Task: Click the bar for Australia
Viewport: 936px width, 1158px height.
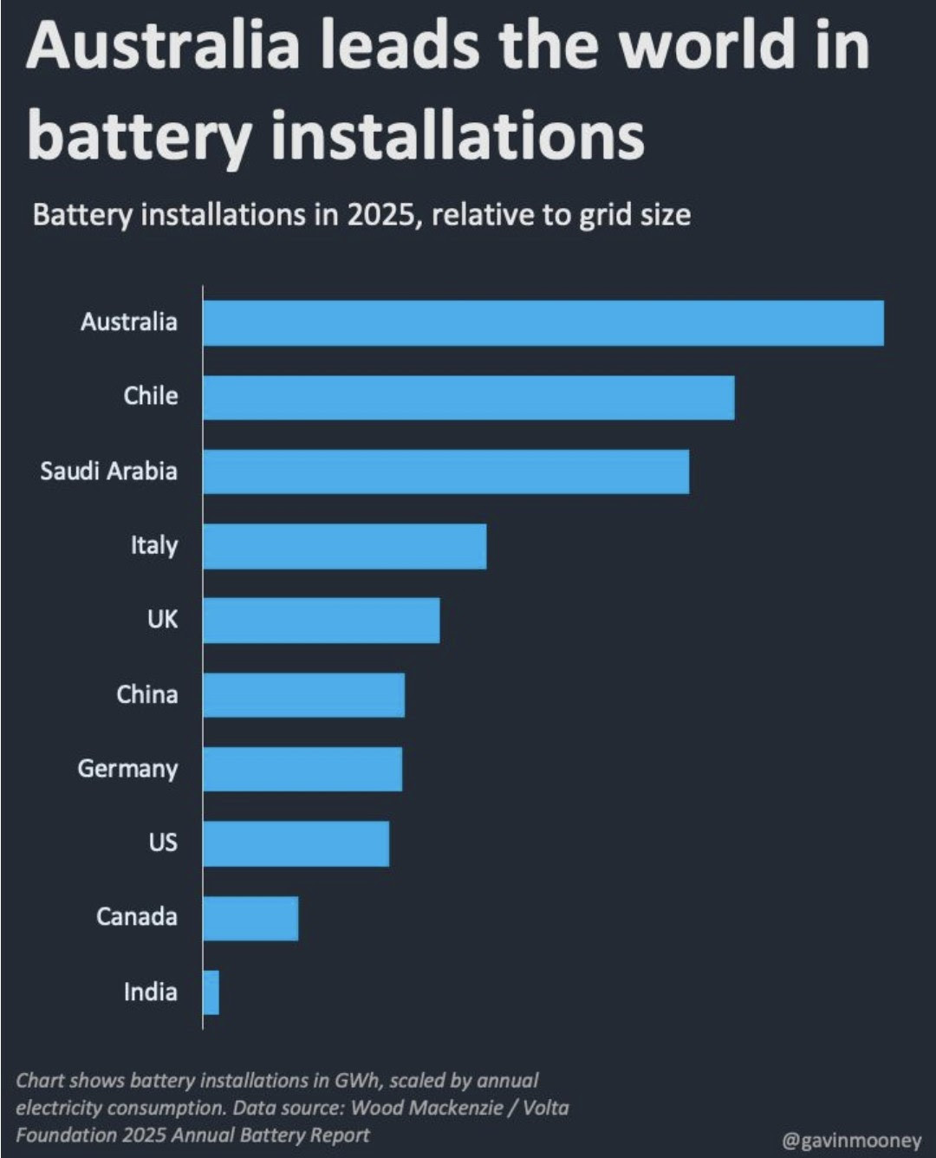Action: [543, 323]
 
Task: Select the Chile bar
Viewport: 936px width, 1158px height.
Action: [469, 398]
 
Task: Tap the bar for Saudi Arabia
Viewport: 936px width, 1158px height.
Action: [446, 472]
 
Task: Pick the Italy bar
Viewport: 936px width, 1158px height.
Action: [345, 546]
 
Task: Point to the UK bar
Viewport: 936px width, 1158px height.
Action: [322, 621]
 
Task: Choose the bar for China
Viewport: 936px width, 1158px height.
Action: [304, 695]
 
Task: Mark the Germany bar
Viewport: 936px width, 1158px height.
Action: [302, 769]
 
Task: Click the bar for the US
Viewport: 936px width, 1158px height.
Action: [296, 843]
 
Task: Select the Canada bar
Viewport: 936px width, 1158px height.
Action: [250, 918]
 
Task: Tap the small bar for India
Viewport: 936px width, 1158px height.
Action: [211, 992]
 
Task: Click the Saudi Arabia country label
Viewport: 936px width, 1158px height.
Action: [108, 472]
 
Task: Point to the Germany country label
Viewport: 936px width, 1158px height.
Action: [127, 769]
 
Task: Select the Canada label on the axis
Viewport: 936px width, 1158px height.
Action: [136, 917]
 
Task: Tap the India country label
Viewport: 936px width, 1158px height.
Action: [150, 992]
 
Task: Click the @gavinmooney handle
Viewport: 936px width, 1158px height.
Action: [851, 1141]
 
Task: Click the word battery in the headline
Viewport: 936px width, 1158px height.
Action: [140, 136]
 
